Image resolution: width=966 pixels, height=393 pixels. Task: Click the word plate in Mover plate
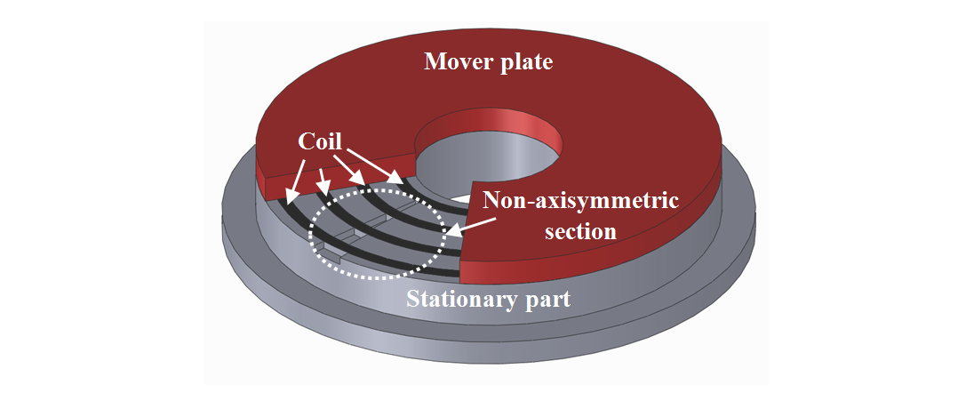coord(529,63)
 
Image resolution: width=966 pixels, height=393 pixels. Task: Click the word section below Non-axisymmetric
coord(581,231)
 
